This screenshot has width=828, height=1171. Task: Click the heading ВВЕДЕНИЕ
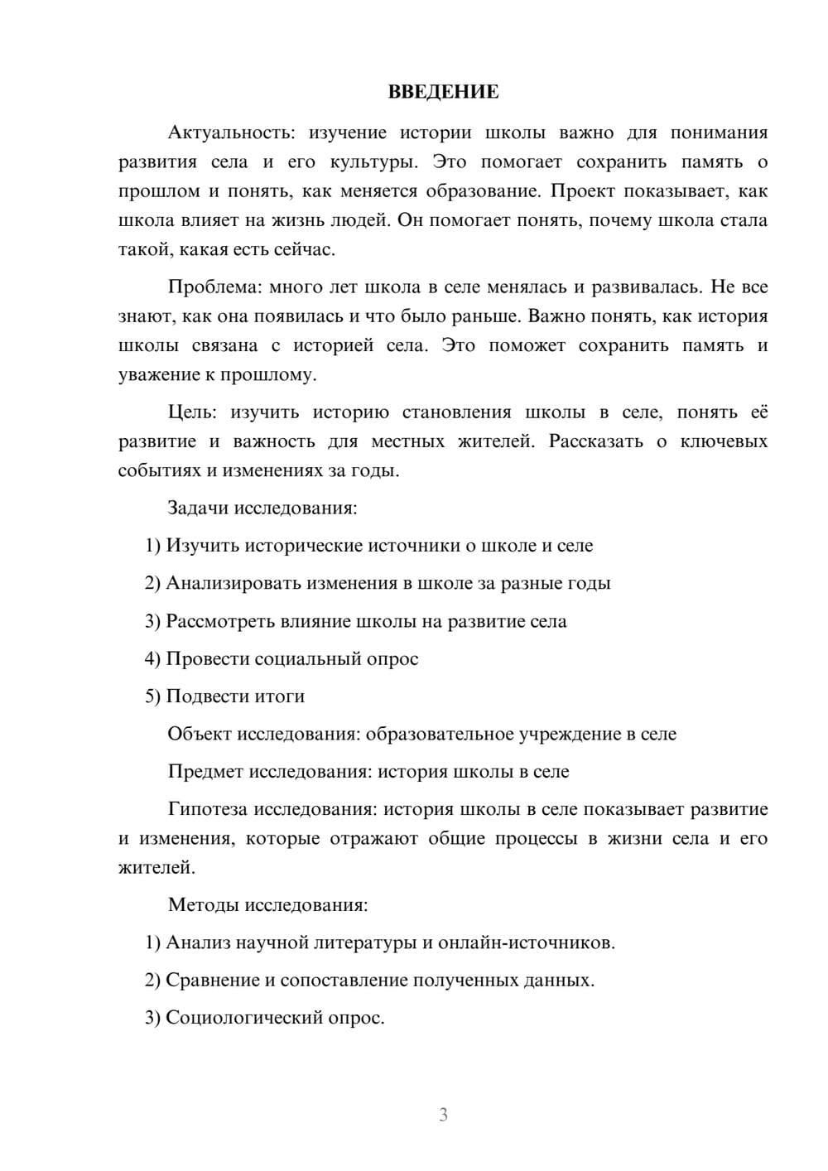click(443, 92)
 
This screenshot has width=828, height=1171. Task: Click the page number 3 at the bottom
click(443, 1115)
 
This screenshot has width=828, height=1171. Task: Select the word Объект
click(200, 734)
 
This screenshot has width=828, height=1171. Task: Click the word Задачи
click(198, 508)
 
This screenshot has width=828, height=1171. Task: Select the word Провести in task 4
click(207, 659)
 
